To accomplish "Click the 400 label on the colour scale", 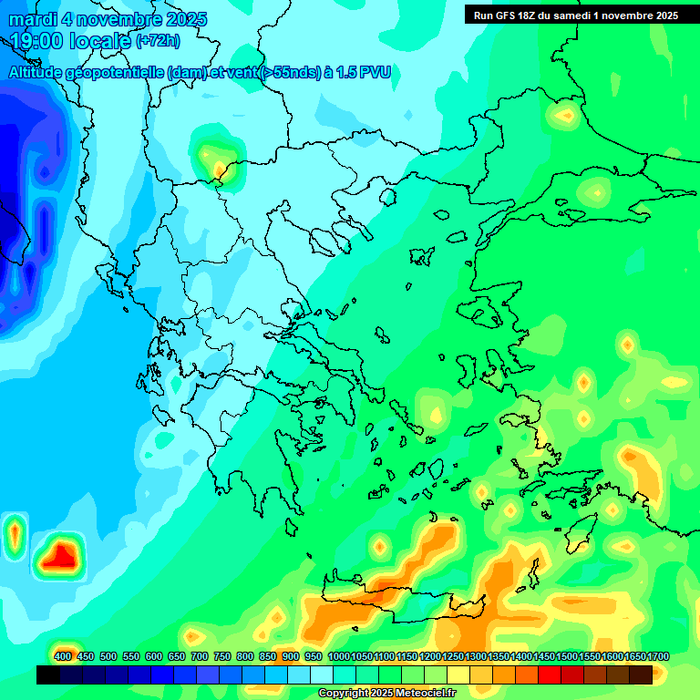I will tap(63, 656).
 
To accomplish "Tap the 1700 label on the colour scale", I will tap(634, 656).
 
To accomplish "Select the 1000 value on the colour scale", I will tap(339, 656).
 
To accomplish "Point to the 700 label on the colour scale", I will tap(200, 656).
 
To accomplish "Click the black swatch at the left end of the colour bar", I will tap(48, 674).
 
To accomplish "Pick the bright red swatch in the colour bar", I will tap(550, 674).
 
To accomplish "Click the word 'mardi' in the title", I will tap(34, 19).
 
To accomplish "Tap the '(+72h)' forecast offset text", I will tap(158, 41).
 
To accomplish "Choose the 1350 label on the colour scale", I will tap(499, 656).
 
